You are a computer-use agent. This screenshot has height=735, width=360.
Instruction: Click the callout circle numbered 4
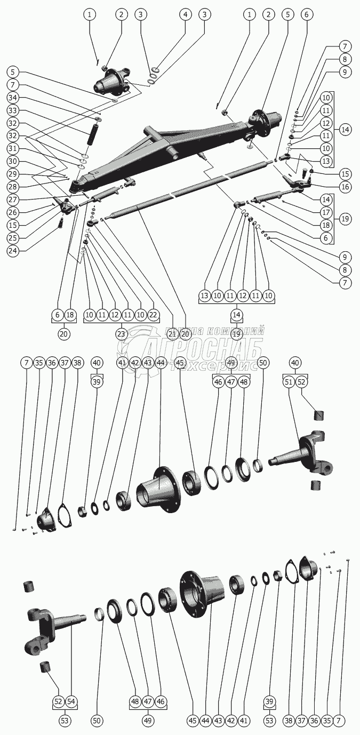point(186,14)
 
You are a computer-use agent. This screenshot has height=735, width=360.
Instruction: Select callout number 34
point(12,98)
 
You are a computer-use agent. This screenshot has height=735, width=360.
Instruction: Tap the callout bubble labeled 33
point(12,110)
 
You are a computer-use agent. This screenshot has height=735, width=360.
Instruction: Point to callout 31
point(12,148)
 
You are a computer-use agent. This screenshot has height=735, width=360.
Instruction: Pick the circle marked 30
point(12,161)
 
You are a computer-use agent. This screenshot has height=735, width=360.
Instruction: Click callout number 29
point(12,174)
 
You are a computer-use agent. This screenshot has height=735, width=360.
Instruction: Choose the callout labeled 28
point(12,186)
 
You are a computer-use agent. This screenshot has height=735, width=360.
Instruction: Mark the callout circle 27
point(12,199)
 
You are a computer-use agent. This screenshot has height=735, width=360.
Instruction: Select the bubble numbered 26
point(12,212)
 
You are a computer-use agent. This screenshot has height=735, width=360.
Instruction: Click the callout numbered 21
point(172,334)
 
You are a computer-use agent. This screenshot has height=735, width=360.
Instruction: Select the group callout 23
point(121,334)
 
